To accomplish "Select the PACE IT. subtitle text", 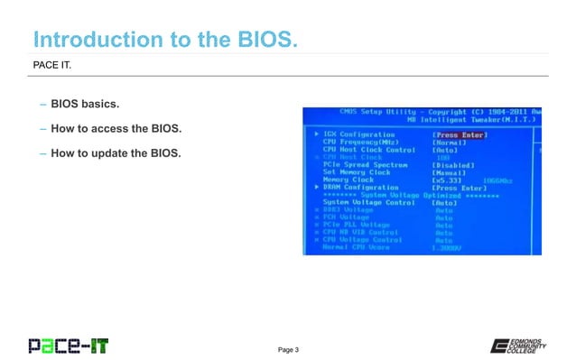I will tap(53, 65).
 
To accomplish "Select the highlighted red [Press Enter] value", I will tap(460, 134).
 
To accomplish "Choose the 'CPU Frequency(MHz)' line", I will tap(360, 142).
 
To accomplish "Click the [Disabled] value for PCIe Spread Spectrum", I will tap(454, 165).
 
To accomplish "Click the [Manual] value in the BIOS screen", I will tap(449, 172).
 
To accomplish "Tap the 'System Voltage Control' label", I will tap(369, 203).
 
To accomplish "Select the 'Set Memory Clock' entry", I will tap(358, 172).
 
